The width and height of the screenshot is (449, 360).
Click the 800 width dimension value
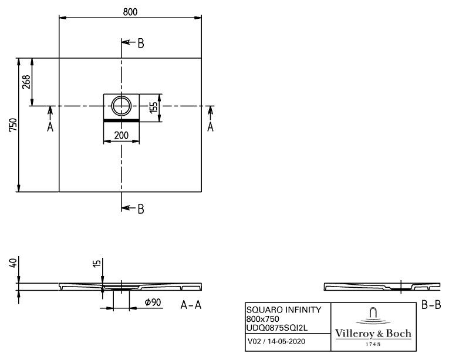[x=130, y=12]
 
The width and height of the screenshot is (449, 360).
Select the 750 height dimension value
[x=13, y=125]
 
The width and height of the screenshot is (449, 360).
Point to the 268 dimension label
[x=26, y=82]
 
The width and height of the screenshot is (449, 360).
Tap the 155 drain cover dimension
[x=154, y=107]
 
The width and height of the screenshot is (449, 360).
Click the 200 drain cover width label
[x=121, y=135]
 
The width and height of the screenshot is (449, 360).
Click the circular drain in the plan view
[x=121, y=106]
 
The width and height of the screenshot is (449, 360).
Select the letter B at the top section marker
[x=141, y=43]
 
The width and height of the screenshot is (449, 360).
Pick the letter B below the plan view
[x=141, y=209]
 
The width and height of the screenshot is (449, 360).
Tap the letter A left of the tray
[x=50, y=126]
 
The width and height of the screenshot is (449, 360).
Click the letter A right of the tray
[x=211, y=126]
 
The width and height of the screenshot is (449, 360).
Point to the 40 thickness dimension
[x=13, y=263]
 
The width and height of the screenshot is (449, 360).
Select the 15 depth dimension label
[x=97, y=263]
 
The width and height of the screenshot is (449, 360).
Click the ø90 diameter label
[x=153, y=302]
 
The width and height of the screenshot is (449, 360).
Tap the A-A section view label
[x=191, y=305]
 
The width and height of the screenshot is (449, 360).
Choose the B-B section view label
[x=431, y=305]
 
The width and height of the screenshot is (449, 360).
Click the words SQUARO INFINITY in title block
[x=283, y=310]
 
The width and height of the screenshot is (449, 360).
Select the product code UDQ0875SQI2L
[x=277, y=328]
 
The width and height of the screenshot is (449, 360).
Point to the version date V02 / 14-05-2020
[x=276, y=341]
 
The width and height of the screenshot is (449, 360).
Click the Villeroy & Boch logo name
[x=373, y=334]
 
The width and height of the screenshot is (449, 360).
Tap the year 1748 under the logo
[x=373, y=344]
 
